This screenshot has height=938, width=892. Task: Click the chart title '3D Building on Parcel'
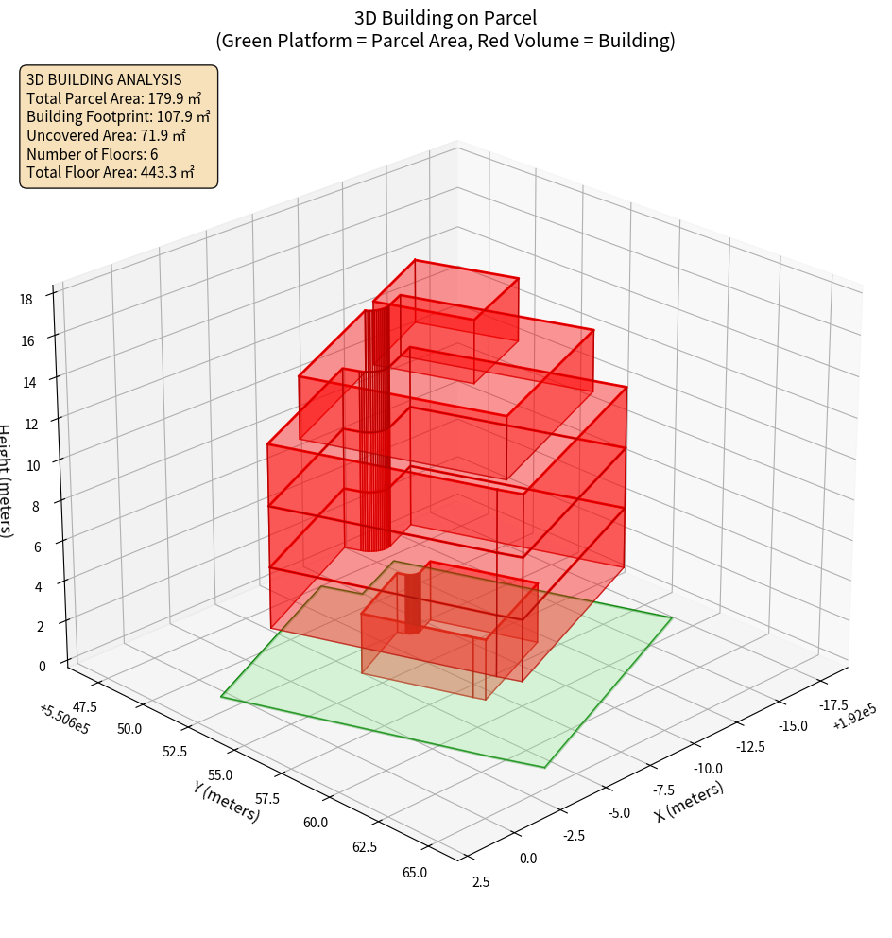[445, 17]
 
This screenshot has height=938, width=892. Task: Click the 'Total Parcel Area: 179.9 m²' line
[113, 97]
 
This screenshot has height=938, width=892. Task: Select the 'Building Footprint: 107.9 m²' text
[118, 116]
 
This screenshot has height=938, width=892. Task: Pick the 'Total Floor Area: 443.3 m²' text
[111, 173]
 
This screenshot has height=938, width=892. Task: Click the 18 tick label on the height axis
[26, 300]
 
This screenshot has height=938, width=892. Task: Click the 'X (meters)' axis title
[690, 801]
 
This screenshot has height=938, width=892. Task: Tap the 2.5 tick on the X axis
[480, 882]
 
